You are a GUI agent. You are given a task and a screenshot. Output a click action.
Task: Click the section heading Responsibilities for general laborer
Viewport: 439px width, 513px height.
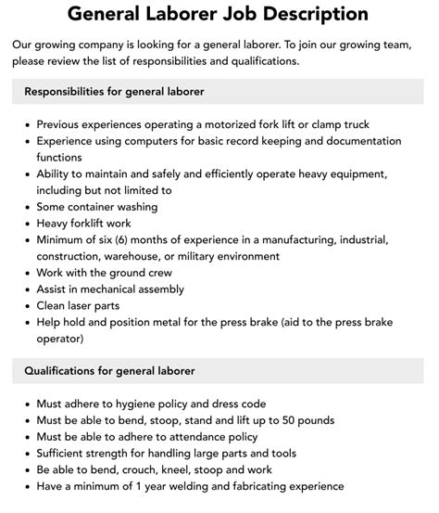tap(114, 92)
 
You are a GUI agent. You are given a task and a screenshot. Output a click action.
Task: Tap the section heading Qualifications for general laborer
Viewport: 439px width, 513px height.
tap(109, 371)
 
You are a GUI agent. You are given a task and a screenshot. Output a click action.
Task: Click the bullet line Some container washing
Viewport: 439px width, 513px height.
tap(96, 207)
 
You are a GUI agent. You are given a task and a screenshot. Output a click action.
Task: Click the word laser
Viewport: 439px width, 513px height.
tap(95, 306)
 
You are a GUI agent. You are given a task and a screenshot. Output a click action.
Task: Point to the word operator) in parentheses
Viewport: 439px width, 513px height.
tap(63, 339)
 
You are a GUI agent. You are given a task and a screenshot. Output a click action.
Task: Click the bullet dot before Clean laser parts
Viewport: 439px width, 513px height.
tap(28, 306)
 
